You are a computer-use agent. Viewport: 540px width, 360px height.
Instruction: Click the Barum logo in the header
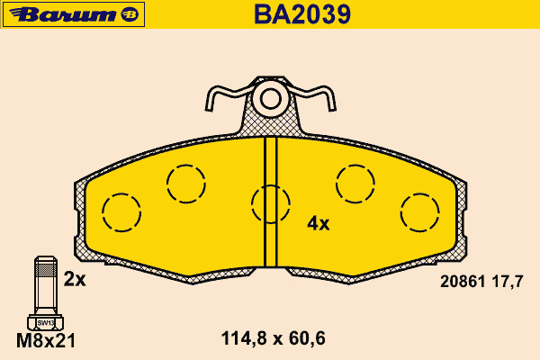74,14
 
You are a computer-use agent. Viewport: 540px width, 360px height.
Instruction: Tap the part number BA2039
302,14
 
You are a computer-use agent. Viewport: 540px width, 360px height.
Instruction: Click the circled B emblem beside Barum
130,14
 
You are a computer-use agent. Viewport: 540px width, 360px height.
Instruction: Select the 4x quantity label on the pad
319,224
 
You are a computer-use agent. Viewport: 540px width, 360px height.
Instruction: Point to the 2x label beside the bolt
75,279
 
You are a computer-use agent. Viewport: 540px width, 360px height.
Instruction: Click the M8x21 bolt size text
46,341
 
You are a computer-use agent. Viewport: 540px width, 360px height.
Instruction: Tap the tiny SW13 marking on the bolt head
46,323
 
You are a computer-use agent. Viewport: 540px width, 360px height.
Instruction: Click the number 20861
463,282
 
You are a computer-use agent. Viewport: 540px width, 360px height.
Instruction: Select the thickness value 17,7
508,282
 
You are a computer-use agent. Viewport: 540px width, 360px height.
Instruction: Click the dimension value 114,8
244,338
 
